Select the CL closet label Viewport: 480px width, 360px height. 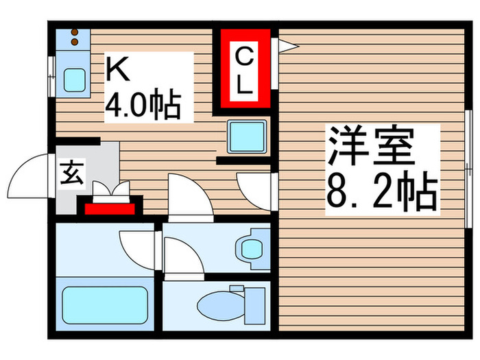[x=243, y=69]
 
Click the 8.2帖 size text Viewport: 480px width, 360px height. [x=381, y=193]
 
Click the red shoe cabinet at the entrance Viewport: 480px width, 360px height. [x=110, y=206]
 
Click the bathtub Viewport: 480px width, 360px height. [x=106, y=303]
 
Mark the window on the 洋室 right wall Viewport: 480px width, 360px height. [x=469, y=168]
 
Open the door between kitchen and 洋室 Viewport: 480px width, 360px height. [x=254, y=185]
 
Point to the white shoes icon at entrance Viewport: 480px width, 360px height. [x=110, y=189]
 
